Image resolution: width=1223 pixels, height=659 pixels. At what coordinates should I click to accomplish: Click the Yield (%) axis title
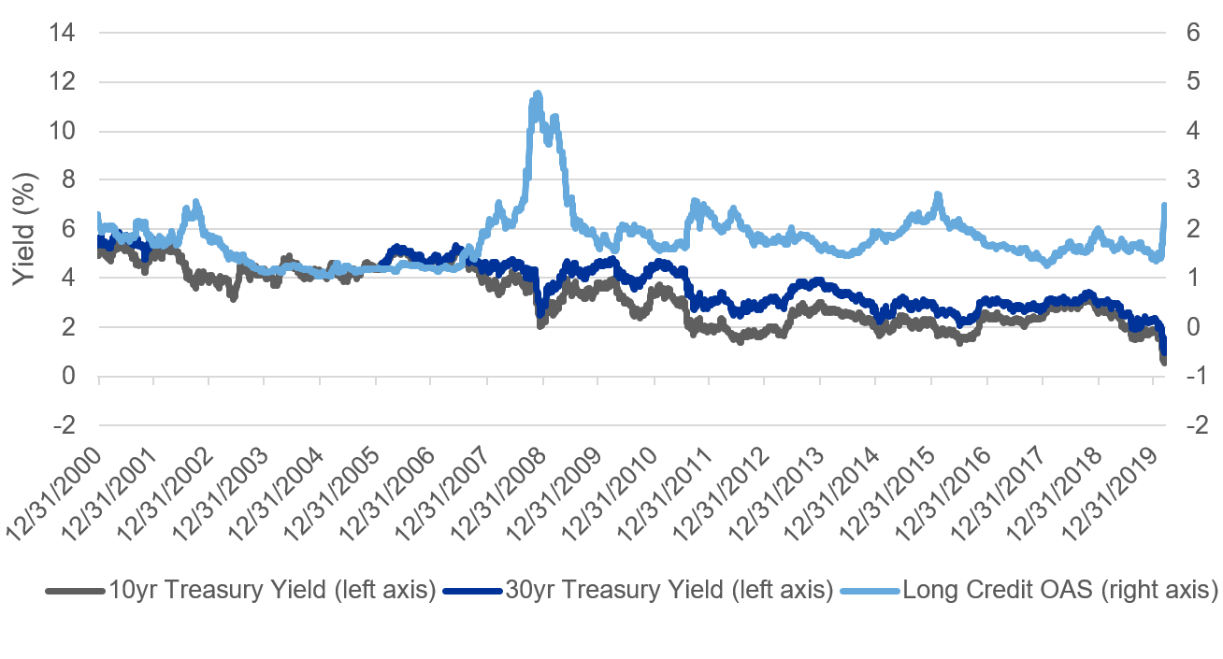point(25,229)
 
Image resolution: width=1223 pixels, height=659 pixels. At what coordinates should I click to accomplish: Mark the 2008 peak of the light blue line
point(537,94)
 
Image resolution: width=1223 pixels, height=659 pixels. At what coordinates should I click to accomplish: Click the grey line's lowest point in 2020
point(1164,361)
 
